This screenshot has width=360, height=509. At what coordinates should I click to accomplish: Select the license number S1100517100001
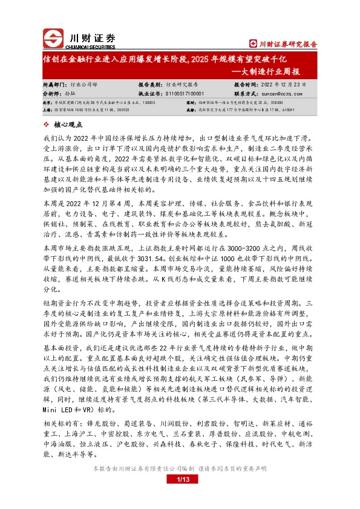click(x=184, y=94)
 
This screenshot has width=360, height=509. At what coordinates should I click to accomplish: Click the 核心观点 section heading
click(x=68, y=125)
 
